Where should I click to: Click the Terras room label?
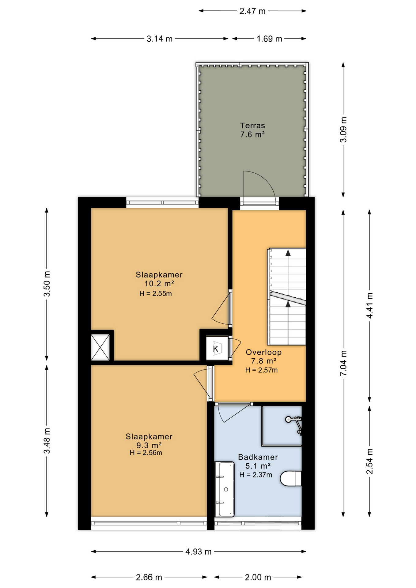pyautogui.click(x=252, y=126)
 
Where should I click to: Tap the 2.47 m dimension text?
pyautogui.click(x=252, y=11)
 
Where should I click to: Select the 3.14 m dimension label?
pyautogui.click(x=160, y=39)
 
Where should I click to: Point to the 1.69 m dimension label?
pyautogui.click(x=269, y=39)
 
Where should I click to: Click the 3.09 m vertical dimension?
pyautogui.click(x=343, y=130)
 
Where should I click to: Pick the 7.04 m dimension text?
pyautogui.click(x=343, y=363)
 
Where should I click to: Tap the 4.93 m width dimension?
pyautogui.click(x=199, y=552)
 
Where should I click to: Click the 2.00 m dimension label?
pyautogui.click(x=258, y=577)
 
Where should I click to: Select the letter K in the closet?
pyautogui.click(x=216, y=349)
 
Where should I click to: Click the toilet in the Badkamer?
pyautogui.click(x=291, y=478)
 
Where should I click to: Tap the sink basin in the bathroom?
pyautogui.click(x=225, y=489)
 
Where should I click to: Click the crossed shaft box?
pyautogui.click(x=100, y=347)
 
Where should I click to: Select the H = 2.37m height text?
pyautogui.click(x=255, y=475)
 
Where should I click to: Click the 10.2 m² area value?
pyautogui.click(x=159, y=284)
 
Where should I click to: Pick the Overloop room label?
pyautogui.click(x=263, y=352)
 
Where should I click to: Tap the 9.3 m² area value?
pyautogui.click(x=149, y=445)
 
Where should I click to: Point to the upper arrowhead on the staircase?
pyautogui.click(x=288, y=253)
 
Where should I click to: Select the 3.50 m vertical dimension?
pyautogui.click(x=47, y=284)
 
